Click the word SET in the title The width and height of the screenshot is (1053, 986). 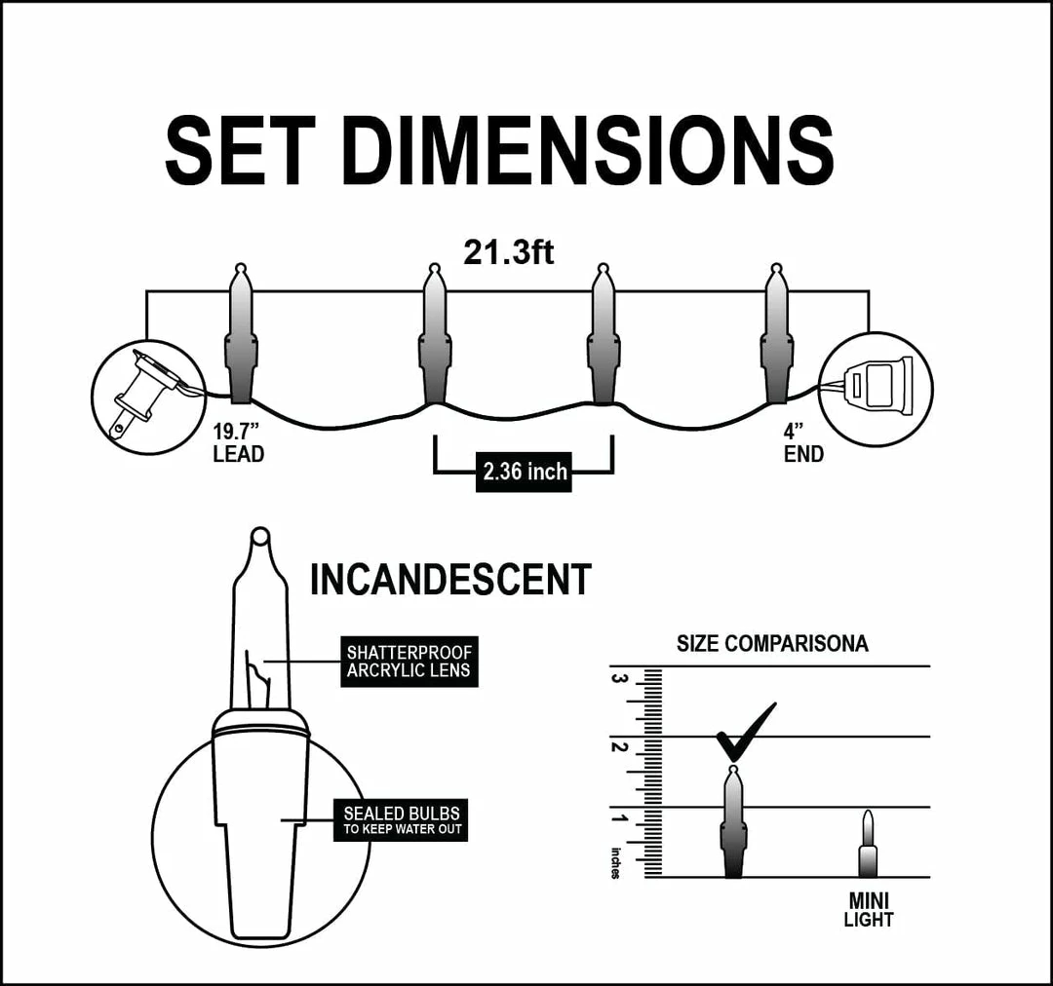coord(241,150)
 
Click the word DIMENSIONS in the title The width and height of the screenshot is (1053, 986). coord(588,150)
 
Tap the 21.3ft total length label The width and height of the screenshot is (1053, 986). coord(508,253)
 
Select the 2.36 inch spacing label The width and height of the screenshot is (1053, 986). coord(524,472)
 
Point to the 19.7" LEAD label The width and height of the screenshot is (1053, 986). coord(239,443)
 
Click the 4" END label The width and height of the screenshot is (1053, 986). coord(803,443)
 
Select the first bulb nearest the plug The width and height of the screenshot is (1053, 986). coord(241,334)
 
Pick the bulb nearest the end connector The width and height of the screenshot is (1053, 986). coord(777,334)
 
